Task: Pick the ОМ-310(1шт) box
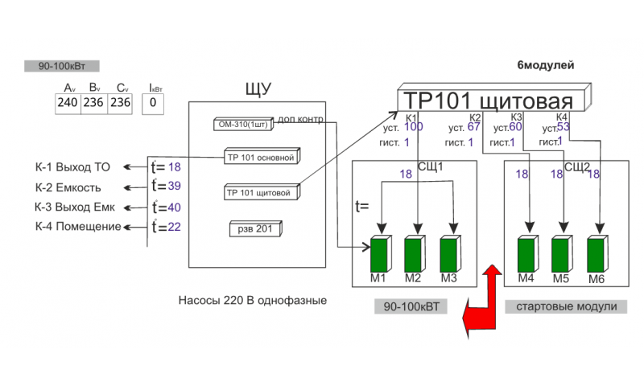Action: tap(245, 125)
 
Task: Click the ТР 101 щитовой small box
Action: tap(261, 193)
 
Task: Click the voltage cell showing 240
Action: tap(68, 103)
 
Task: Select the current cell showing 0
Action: tap(153, 103)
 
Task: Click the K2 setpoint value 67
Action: tap(473, 127)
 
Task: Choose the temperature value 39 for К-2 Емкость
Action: tap(174, 187)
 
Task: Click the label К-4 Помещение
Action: tap(77, 227)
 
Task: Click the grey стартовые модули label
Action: tap(566, 306)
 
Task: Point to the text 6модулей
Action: tap(546, 65)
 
